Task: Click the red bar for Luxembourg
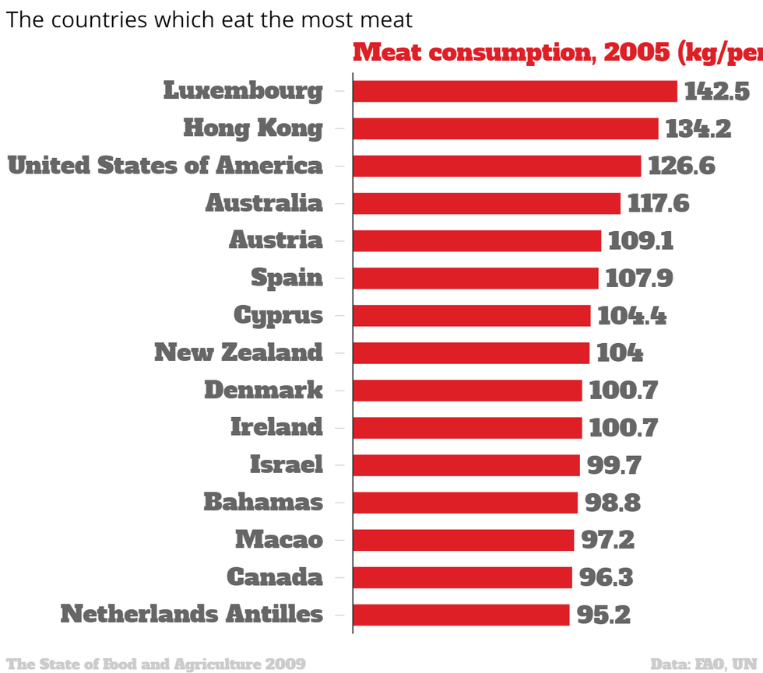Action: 515,91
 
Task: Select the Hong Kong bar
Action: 505,128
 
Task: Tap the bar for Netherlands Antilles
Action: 461,615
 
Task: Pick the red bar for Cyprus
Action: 471,316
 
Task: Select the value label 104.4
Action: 631,316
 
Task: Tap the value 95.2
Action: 603,615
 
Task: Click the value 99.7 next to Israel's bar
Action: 614,465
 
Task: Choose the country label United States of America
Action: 165,166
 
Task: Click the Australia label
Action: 264,203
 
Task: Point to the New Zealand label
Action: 238,352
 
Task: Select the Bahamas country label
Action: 263,503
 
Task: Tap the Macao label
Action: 279,539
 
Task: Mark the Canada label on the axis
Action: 274,577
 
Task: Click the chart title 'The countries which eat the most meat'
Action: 209,19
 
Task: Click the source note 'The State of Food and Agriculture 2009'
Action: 156,664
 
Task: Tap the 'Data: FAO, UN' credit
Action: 705,664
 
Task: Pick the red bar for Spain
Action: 475,279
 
